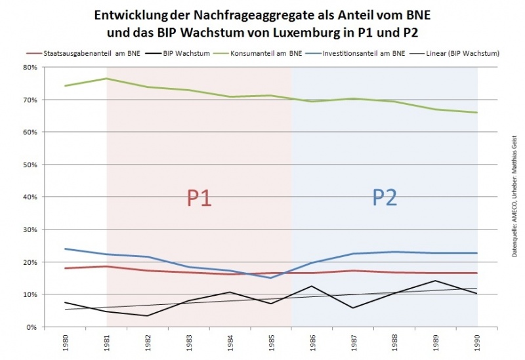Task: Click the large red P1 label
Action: coord(199,197)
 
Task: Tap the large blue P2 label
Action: coord(385,197)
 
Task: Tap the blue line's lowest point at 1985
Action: coord(270,278)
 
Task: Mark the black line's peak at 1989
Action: coord(436,281)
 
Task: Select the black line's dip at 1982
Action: coord(146,315)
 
